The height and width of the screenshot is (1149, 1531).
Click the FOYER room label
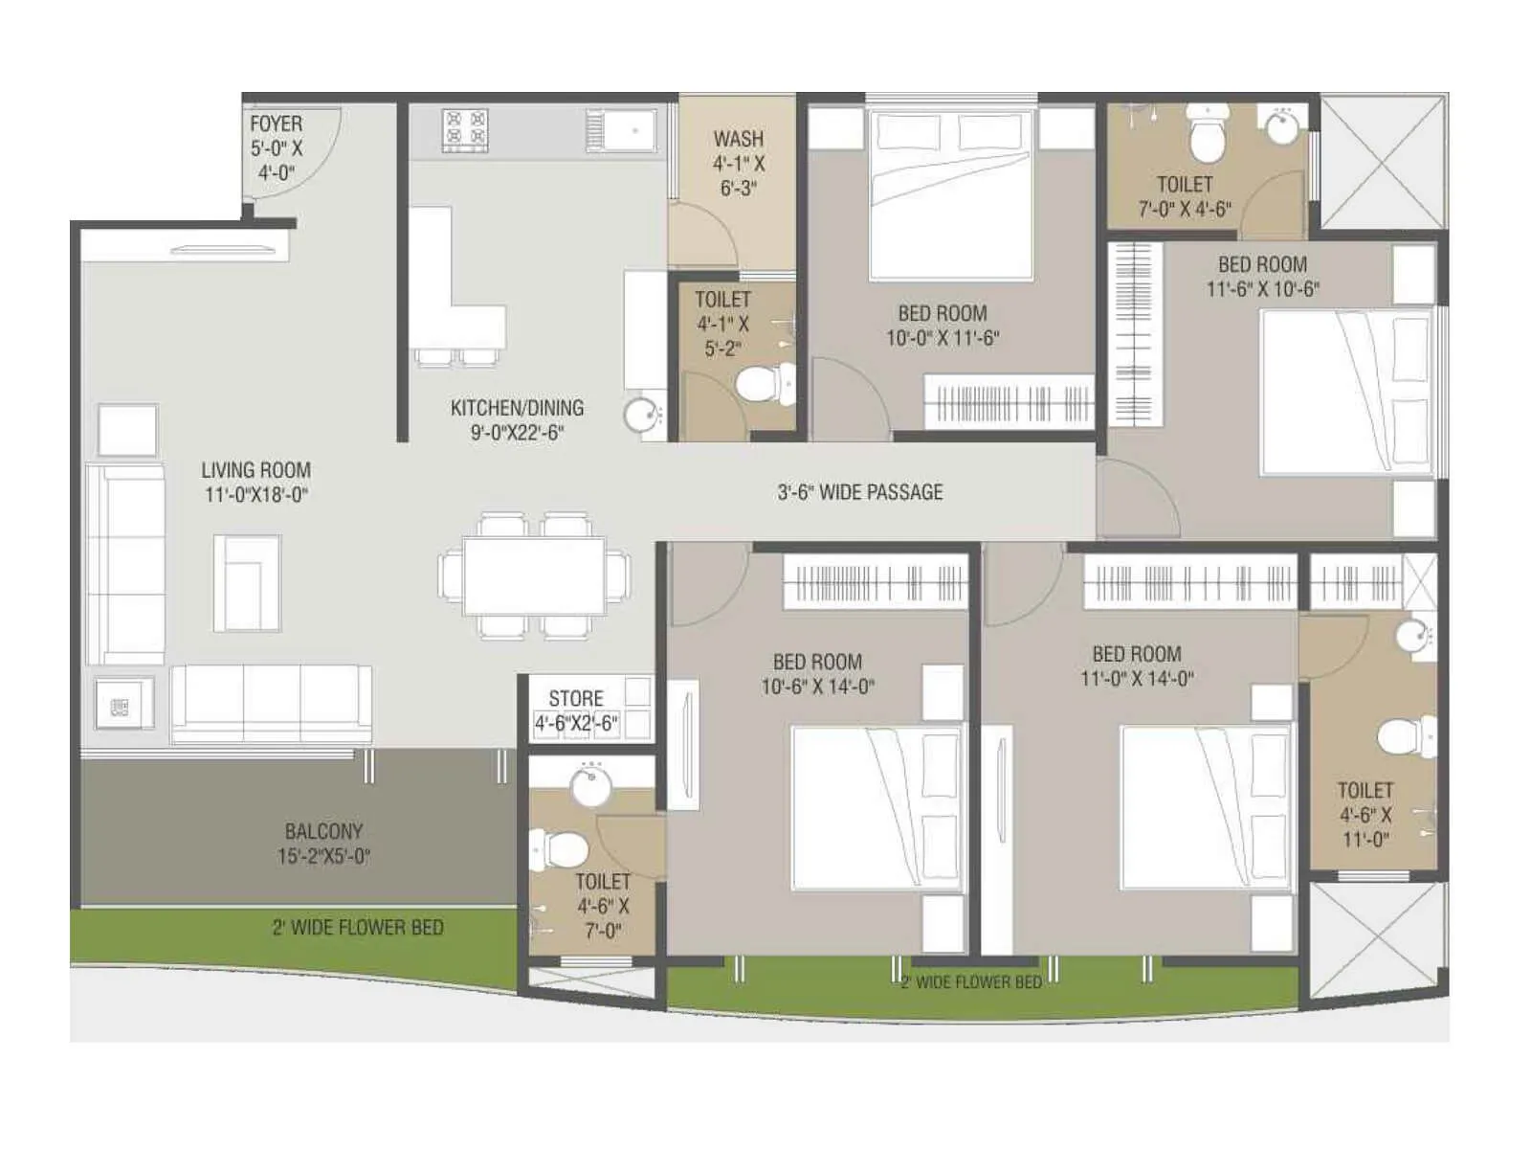click(276, 124)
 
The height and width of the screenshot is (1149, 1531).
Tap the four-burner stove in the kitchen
click(465, 130)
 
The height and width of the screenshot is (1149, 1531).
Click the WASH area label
click(738, 140)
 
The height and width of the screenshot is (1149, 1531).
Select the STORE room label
click(575, 698)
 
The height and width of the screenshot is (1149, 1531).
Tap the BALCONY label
click(322, 831)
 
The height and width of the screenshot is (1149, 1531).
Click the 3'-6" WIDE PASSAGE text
click(859, 492)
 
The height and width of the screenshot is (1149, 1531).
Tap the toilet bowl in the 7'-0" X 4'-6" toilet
click(1207, 134)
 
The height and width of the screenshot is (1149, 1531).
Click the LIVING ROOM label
click(255, 470)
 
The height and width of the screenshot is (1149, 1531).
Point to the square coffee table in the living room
click(247, 582)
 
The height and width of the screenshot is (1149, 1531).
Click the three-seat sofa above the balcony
click(271, 704)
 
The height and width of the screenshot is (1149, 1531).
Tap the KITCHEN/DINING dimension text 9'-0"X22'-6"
click(517, 433)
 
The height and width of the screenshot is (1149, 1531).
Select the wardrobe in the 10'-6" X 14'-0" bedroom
click(876, 581)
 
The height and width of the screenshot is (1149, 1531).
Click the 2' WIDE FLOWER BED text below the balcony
click(357, 927)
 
